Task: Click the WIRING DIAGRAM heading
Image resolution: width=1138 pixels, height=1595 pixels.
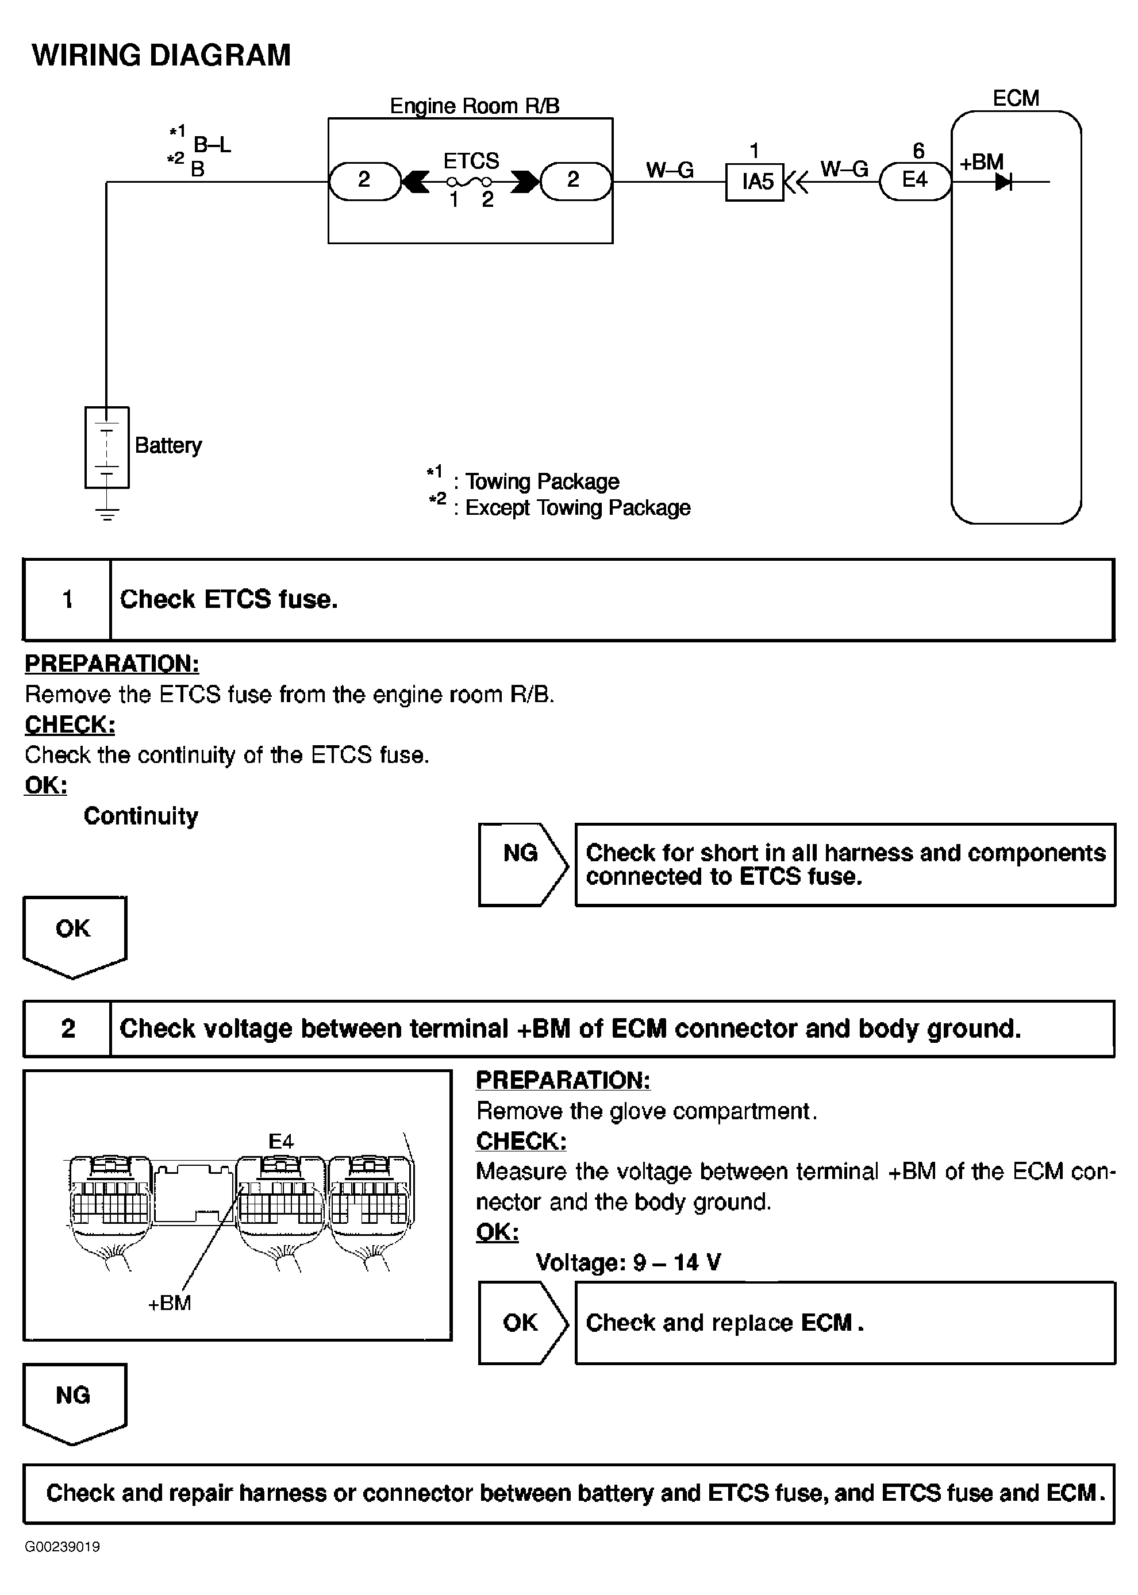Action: pos(161,55)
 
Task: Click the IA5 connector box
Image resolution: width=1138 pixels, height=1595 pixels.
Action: pos(755,182)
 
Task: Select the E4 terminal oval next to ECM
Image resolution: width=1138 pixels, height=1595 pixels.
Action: pos(914,181)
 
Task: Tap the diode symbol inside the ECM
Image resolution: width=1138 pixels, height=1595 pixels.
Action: pos(1004,182)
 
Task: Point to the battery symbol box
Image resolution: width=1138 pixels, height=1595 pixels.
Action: pos(106,447)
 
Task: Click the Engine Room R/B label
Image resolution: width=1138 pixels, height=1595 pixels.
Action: pos(474,106)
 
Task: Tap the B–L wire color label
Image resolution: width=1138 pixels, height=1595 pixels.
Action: pos(212,145)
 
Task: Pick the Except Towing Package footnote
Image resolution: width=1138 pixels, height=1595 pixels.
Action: pos(576,508)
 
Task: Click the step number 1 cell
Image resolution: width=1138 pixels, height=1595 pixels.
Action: pos(67,600)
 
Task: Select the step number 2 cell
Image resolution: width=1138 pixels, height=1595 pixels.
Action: pos(67,1028)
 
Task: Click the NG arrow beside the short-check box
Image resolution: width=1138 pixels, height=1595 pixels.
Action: pos(522,864)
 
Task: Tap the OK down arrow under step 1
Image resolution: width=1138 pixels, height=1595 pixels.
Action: pos(74,935)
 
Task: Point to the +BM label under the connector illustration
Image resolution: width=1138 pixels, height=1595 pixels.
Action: pos(170,1303)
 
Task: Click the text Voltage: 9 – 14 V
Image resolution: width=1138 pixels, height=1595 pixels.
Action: pos(628,1262)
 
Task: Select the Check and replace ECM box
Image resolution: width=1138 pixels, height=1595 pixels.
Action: pos(844,1323)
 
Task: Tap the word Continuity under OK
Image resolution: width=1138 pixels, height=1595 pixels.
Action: pos(141,816)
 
